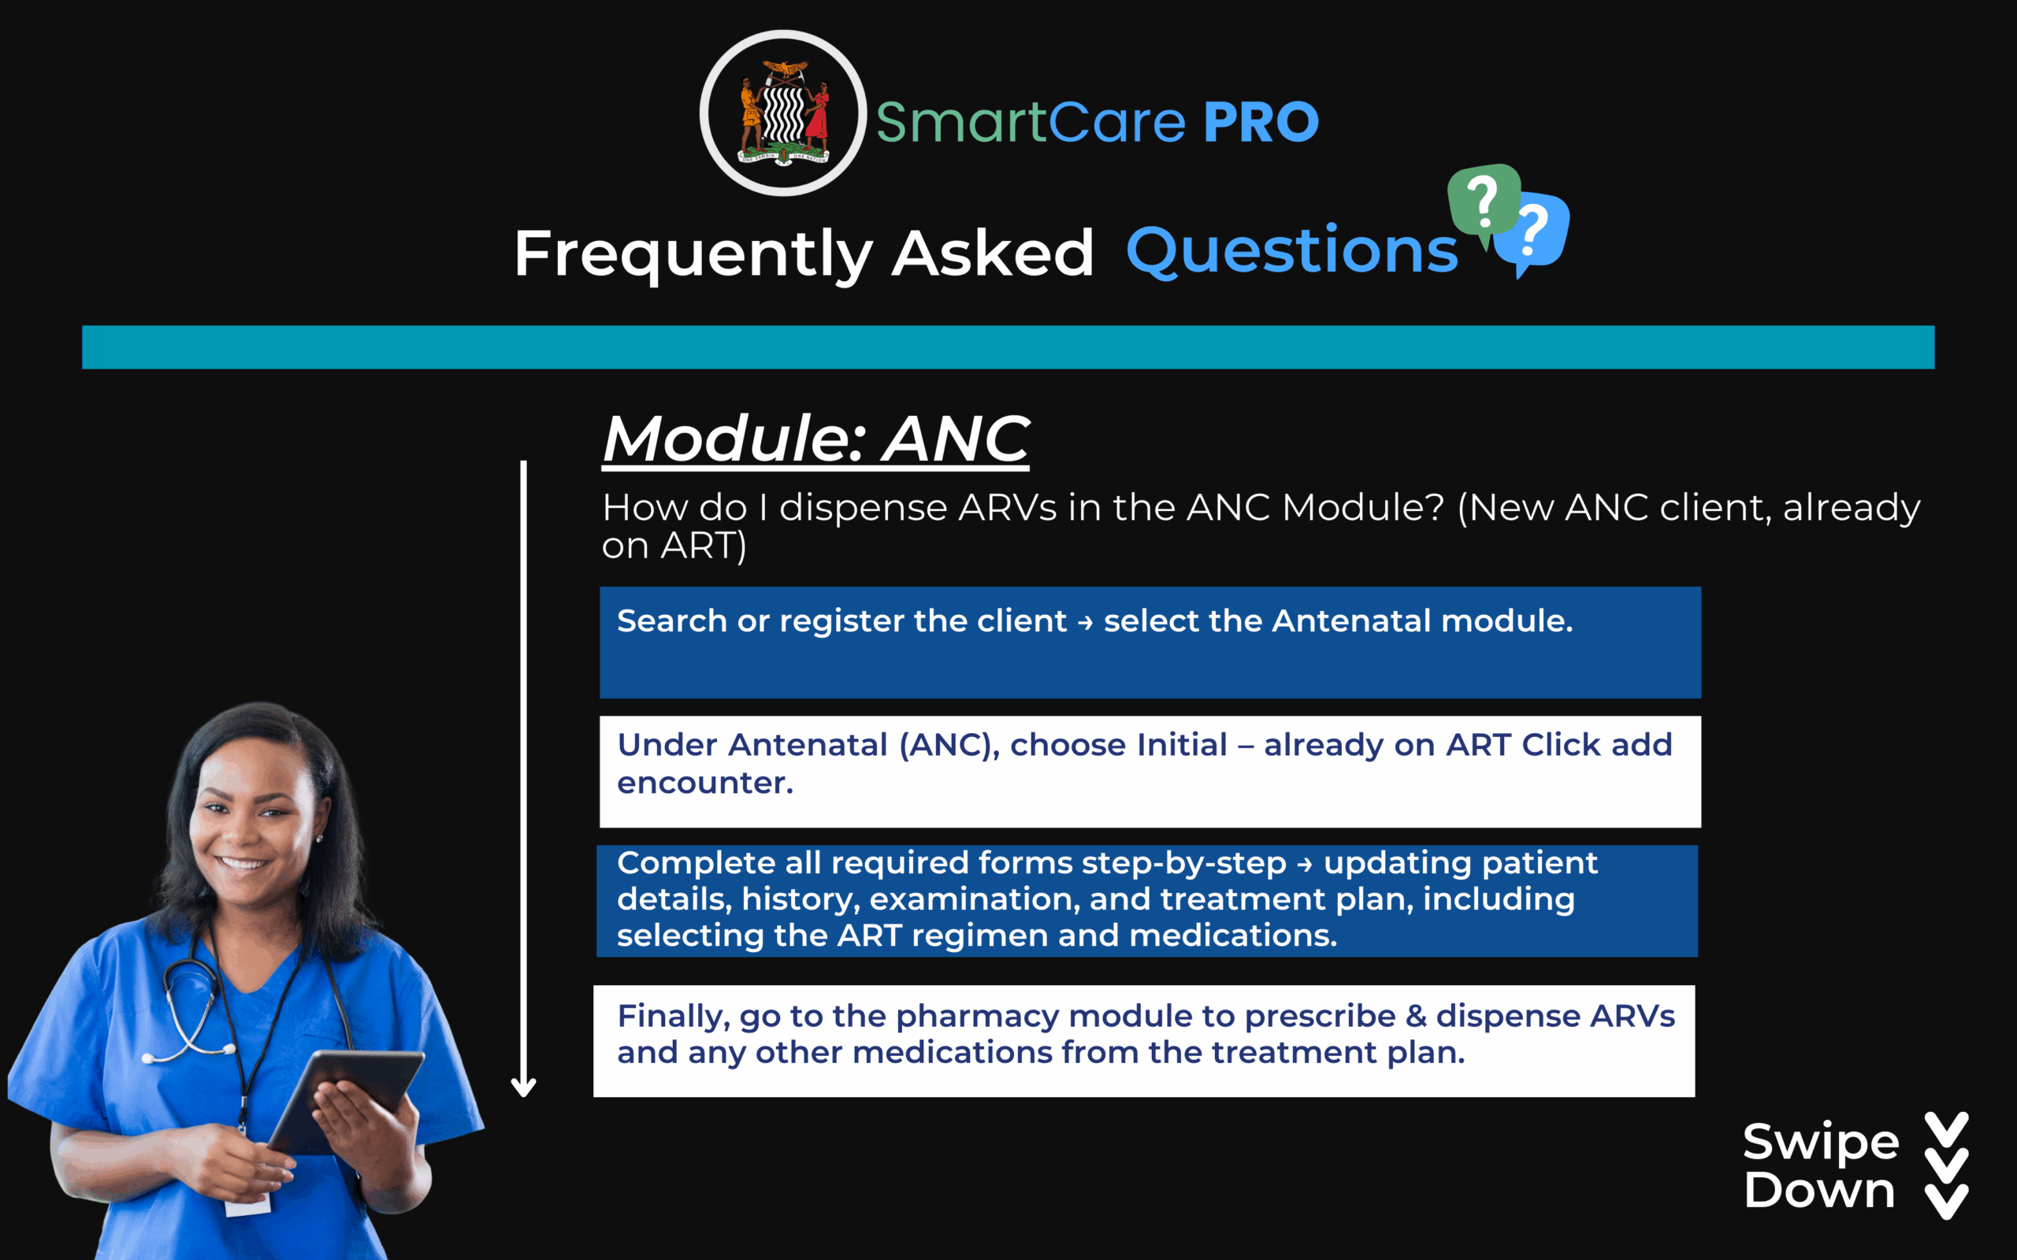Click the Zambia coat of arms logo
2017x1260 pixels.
783,113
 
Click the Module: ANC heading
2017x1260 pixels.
816,439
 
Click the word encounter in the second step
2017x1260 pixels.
705,784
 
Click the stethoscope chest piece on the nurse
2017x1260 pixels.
150,1058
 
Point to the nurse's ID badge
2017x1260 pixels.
247,1204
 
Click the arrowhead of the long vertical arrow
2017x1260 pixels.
523,1087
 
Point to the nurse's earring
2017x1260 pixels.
319,839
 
